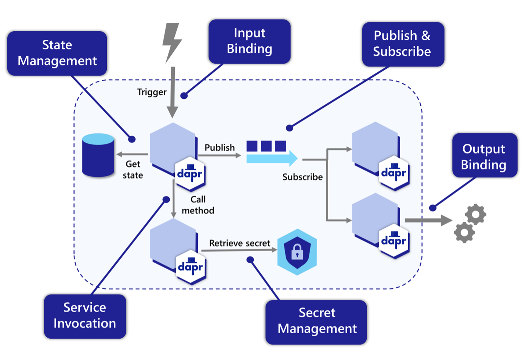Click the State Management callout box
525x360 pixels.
click(57, 53)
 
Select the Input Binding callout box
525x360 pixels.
click(249, 41)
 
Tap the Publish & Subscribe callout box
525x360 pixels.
click(403, 44)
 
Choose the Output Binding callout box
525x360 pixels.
click(484, 155)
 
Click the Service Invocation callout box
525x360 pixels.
click(85, 316)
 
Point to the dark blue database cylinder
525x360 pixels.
click(98, 155)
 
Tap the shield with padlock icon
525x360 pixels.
click(297, 252)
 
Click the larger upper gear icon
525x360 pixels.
click(476, 214)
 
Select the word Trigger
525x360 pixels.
click(152, 92)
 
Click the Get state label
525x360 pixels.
click(133, 169)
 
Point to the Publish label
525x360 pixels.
click(220, 147)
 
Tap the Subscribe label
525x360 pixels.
click(302, 177)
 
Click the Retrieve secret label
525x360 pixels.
click(239, 243)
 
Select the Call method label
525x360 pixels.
click(198, 205)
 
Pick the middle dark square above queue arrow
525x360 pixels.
click(266, 146)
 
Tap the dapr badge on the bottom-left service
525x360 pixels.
click(191, 267)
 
